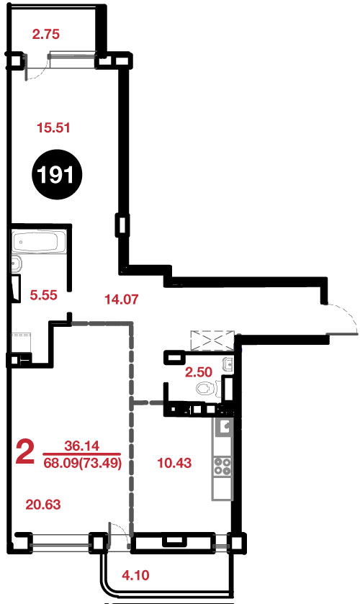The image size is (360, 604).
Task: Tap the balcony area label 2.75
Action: coord(46,35)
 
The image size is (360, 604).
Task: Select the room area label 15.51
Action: coord(53,127)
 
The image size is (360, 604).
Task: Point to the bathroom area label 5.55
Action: coord(43,295)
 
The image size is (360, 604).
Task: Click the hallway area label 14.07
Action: coord(122,299)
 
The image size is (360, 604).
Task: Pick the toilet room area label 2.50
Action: coord(199,372)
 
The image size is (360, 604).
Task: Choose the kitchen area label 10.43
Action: coord(175,463)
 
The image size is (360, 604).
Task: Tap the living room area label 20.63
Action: coord(43,504)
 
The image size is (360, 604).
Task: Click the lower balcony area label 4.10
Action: coord(135,575)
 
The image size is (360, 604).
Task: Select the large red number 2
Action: coord(25,452)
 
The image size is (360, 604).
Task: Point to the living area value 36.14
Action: coord(81,446)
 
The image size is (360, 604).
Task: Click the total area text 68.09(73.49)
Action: coord(83,463)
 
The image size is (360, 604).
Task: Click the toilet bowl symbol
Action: coord(207,388)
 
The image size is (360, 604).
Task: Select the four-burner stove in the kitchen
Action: coord(222,466)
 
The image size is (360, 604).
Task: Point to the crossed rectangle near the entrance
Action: coord(212,341)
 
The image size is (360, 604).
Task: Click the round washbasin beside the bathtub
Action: coord(17,264)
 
